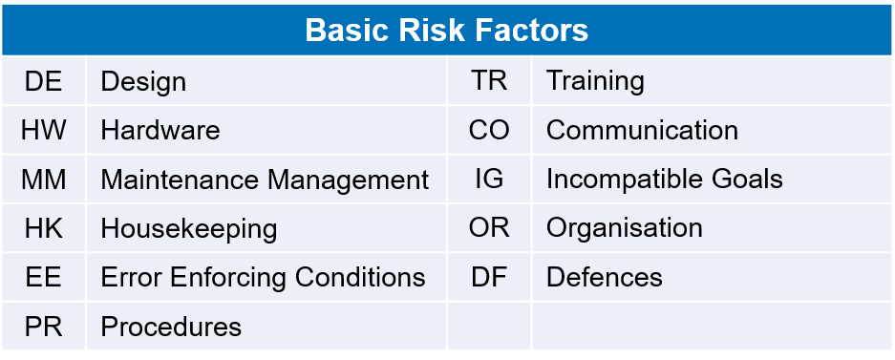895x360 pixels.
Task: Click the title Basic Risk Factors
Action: coord(447,30)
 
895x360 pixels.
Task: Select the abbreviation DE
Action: coord(43,81)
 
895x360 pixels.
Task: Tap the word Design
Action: coord(143,82)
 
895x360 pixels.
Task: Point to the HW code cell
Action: coord(43,131)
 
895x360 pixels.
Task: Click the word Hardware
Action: coord(160,131)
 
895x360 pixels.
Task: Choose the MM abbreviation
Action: coord(43,180)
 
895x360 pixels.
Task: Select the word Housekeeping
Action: coord(189,230)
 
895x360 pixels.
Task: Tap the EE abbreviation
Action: coord(43,278)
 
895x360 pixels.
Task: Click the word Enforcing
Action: coord(229,279)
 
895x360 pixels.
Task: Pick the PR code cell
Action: coord(43,327)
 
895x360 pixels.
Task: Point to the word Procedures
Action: coord(171,327)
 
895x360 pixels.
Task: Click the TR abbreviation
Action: coord(489,81)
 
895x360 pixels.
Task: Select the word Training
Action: coord(595,82)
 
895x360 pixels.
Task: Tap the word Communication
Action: coord(642,131)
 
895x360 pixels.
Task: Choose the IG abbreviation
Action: coord(489,180)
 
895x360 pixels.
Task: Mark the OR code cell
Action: coord(489,229)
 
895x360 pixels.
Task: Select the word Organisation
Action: coord(625,230)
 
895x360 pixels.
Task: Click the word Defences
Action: coord(605,278)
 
